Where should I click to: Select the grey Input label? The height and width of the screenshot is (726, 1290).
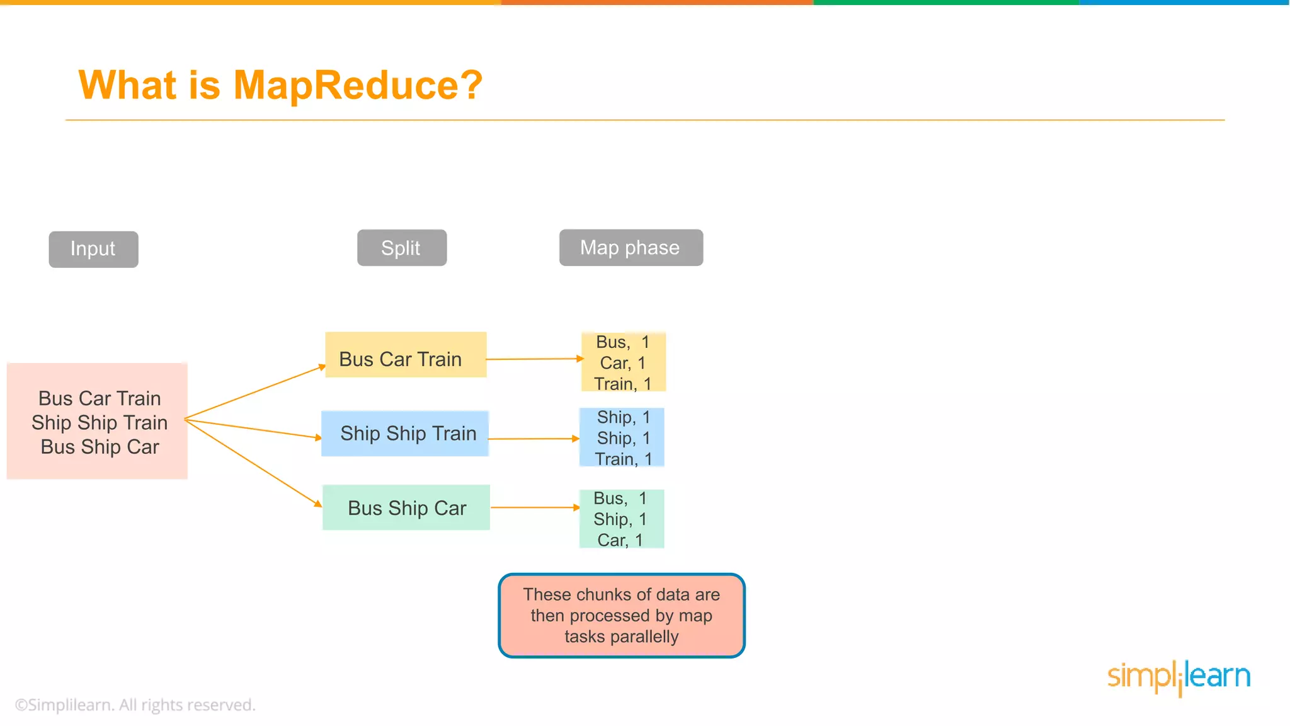click(93, 249)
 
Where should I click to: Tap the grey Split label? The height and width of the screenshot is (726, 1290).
click(402, 248)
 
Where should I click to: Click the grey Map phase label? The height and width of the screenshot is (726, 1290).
click(631, 248)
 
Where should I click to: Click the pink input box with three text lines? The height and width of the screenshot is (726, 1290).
click(98, 422)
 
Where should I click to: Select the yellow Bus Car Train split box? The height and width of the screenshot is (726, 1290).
click(406, 355)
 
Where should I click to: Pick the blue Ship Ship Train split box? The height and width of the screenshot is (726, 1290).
click(405, 434)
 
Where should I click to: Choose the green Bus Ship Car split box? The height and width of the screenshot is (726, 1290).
click(406, 507)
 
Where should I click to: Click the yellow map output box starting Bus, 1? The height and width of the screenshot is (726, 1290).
click(623, 362)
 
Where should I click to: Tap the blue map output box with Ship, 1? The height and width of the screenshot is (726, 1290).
click(622, 437)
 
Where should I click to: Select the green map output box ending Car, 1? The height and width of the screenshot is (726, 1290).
click(621, 519)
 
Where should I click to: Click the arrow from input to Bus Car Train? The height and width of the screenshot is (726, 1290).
click(255, 393)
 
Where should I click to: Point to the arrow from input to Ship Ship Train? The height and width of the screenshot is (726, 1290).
click(252, 429)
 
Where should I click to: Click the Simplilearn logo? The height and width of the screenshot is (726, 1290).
click(1179, 677)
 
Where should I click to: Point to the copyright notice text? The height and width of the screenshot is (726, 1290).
click(135, 705)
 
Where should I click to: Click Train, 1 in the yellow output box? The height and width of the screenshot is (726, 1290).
click(622, 384)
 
